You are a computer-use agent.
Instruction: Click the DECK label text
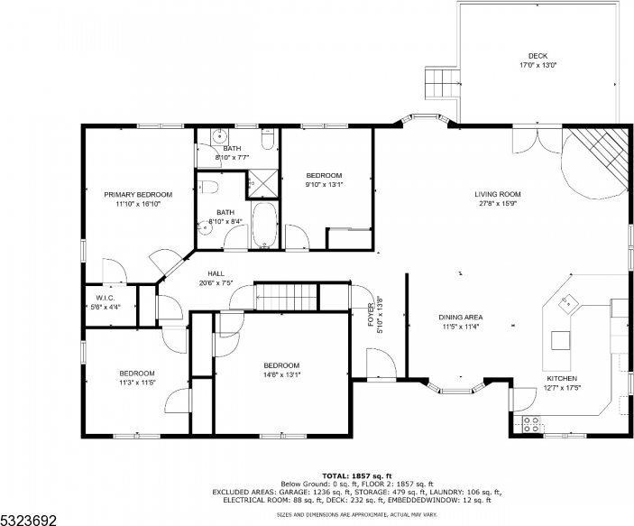coord(538,56)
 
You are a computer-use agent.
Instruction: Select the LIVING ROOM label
coord(498,194)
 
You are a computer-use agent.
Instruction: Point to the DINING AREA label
coord(460,317)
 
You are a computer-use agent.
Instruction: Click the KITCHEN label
coord(561,378)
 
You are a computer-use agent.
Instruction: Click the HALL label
coord(216,273)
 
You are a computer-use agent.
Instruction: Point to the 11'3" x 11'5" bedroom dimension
coord(137,383)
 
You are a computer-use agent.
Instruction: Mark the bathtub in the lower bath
coord(264,226)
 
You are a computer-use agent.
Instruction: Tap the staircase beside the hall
coord(288,296)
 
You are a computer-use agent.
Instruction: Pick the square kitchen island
coord(561,339)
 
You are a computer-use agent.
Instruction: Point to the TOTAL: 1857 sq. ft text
coord(358,475)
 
